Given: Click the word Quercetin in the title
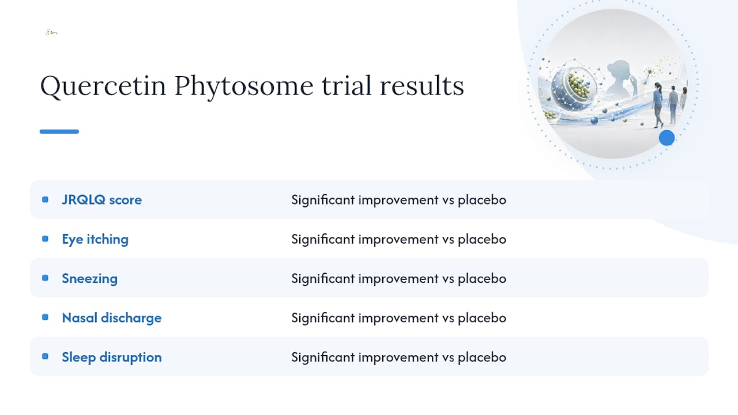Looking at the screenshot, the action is (x=103, y=86).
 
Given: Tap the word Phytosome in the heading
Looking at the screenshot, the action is (x=243, y=86).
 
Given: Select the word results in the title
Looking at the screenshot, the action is (x=421, y=86).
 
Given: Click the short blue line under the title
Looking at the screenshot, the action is (x=59, y=131).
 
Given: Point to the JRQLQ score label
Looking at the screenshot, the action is (x=102, y=199).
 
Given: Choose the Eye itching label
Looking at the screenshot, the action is (x=95, y=239).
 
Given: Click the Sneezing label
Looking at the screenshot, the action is (x=89, y=278).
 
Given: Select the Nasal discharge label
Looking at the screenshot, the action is (x=112, y=318).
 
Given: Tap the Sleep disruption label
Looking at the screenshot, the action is (x=112, y=357).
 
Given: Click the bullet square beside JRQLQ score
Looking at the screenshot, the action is (x=45, y=199).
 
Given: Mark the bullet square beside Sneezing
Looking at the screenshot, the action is (x=45, y=278).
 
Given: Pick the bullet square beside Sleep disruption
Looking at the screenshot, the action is (x=45, y=356).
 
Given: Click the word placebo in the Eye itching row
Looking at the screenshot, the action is (x=482, y=239).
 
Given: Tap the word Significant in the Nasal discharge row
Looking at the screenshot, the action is (x=323, y=318).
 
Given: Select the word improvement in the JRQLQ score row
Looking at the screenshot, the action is (x=398, y=200).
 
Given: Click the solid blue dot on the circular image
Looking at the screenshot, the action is (x=667, y=138).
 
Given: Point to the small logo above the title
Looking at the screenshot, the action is (x=52, y=32).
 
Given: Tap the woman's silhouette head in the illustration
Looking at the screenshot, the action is (x=620, y=70).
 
